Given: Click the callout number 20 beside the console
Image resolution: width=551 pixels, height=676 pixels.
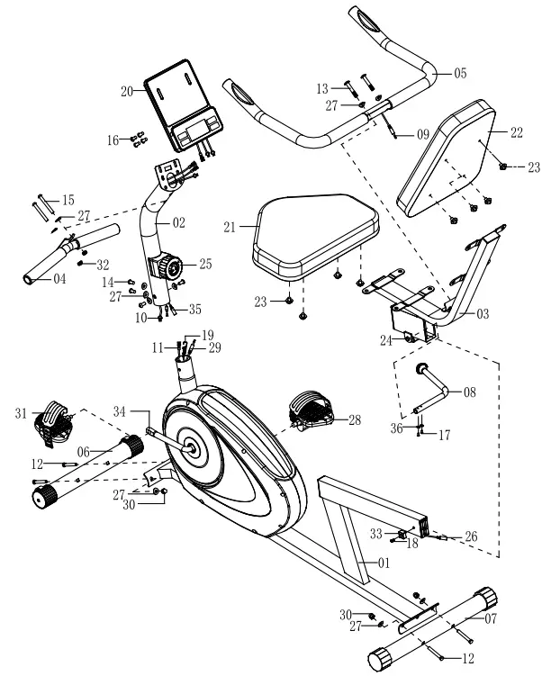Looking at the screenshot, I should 127,90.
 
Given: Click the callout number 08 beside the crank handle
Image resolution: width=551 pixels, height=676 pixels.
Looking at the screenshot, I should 469,392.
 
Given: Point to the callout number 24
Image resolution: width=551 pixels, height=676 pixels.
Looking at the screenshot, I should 385,341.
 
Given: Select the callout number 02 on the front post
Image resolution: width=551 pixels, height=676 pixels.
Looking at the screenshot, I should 178,221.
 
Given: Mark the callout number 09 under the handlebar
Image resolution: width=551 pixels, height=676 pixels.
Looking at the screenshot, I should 422,135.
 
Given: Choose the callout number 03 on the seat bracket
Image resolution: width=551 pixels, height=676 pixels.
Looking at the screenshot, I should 483,314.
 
